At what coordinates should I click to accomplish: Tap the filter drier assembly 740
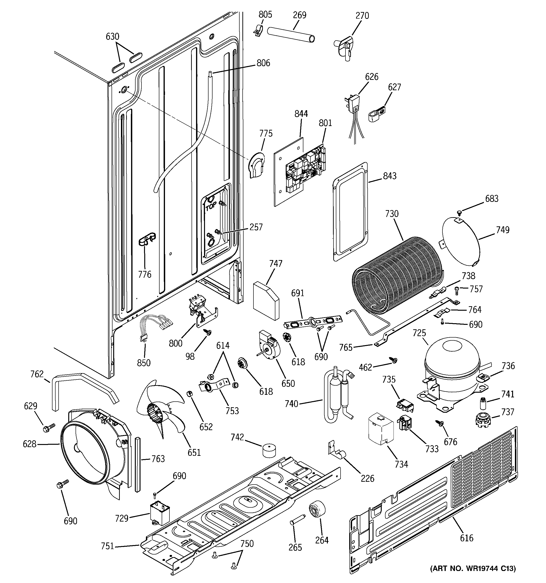click(x=338, y=396)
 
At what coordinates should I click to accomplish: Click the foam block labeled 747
click(x=266, y=301)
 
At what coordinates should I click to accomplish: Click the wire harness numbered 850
click(x=154, y=326)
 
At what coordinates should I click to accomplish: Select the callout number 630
click(x=112, y=36)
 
